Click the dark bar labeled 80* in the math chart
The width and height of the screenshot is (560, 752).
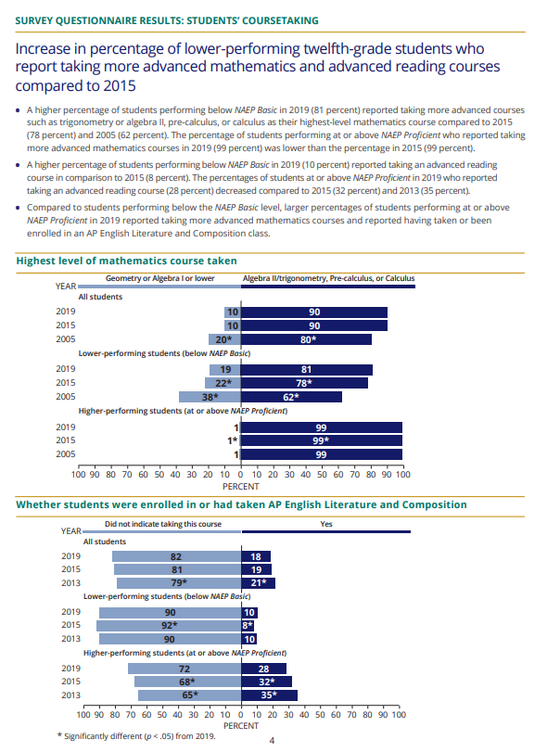[306, 339]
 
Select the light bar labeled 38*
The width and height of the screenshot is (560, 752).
[210, 397]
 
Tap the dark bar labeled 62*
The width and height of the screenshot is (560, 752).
[291, 397]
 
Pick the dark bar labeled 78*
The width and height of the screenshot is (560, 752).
[304, 382]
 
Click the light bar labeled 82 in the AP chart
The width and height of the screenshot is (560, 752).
[176, 556]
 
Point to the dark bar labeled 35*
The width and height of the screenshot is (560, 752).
[269, 695]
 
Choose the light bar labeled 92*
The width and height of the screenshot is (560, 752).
[169, 626]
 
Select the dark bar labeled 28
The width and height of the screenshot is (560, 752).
[263, 669]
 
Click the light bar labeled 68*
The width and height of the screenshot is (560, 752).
[187, 682]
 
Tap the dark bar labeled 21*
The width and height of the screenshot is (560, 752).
[258, 582]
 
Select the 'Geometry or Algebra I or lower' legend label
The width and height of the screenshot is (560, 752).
[159, 278]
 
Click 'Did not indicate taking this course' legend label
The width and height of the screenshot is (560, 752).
[159, 524]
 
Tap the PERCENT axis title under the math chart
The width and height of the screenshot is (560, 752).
[240, 485]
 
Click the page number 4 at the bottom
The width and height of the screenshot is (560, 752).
[272, 740]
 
